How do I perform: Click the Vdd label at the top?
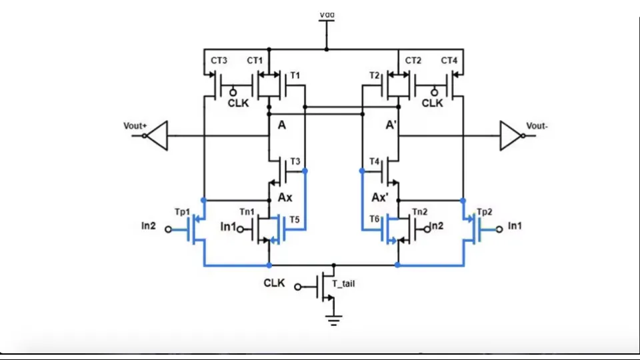click(327, 13)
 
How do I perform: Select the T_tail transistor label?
click(343, 283)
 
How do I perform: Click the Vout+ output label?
click(134, 125)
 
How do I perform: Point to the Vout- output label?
click(537, 125)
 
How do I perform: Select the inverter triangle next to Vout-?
click(511, 135)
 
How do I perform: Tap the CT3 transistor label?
click(219, 61)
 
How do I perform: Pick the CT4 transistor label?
click(449, 61)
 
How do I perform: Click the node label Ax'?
click(380, 198)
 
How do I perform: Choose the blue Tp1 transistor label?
click(183, 211)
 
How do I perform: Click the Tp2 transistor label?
click(485, 211)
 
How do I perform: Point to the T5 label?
click(295, 219)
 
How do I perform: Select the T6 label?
click(374, 219)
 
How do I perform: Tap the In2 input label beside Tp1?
click(149, 226)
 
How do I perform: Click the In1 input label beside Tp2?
click(515, 226)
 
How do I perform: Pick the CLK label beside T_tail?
click(274, 283)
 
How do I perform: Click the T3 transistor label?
click(295, 162)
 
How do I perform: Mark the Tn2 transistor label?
click(420, 211)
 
